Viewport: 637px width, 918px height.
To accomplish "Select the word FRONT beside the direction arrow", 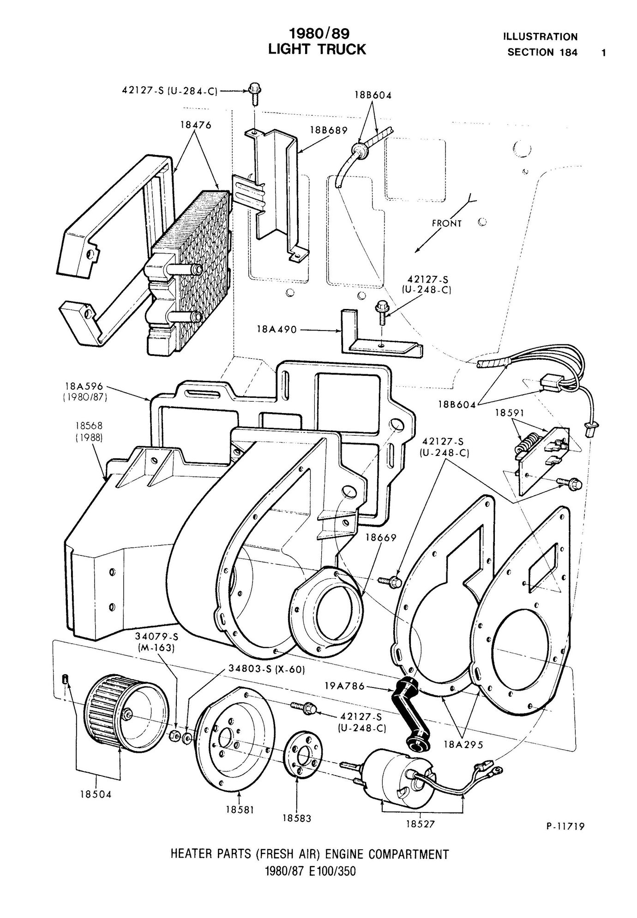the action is pos(446,223).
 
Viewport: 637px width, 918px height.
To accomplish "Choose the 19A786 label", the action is pos(343,686).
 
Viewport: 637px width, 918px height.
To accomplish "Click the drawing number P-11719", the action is pos(565,827).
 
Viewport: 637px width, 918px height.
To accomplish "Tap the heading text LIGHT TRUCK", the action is pos(317,49).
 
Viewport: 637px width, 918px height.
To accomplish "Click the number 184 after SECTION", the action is pos(569,52).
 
